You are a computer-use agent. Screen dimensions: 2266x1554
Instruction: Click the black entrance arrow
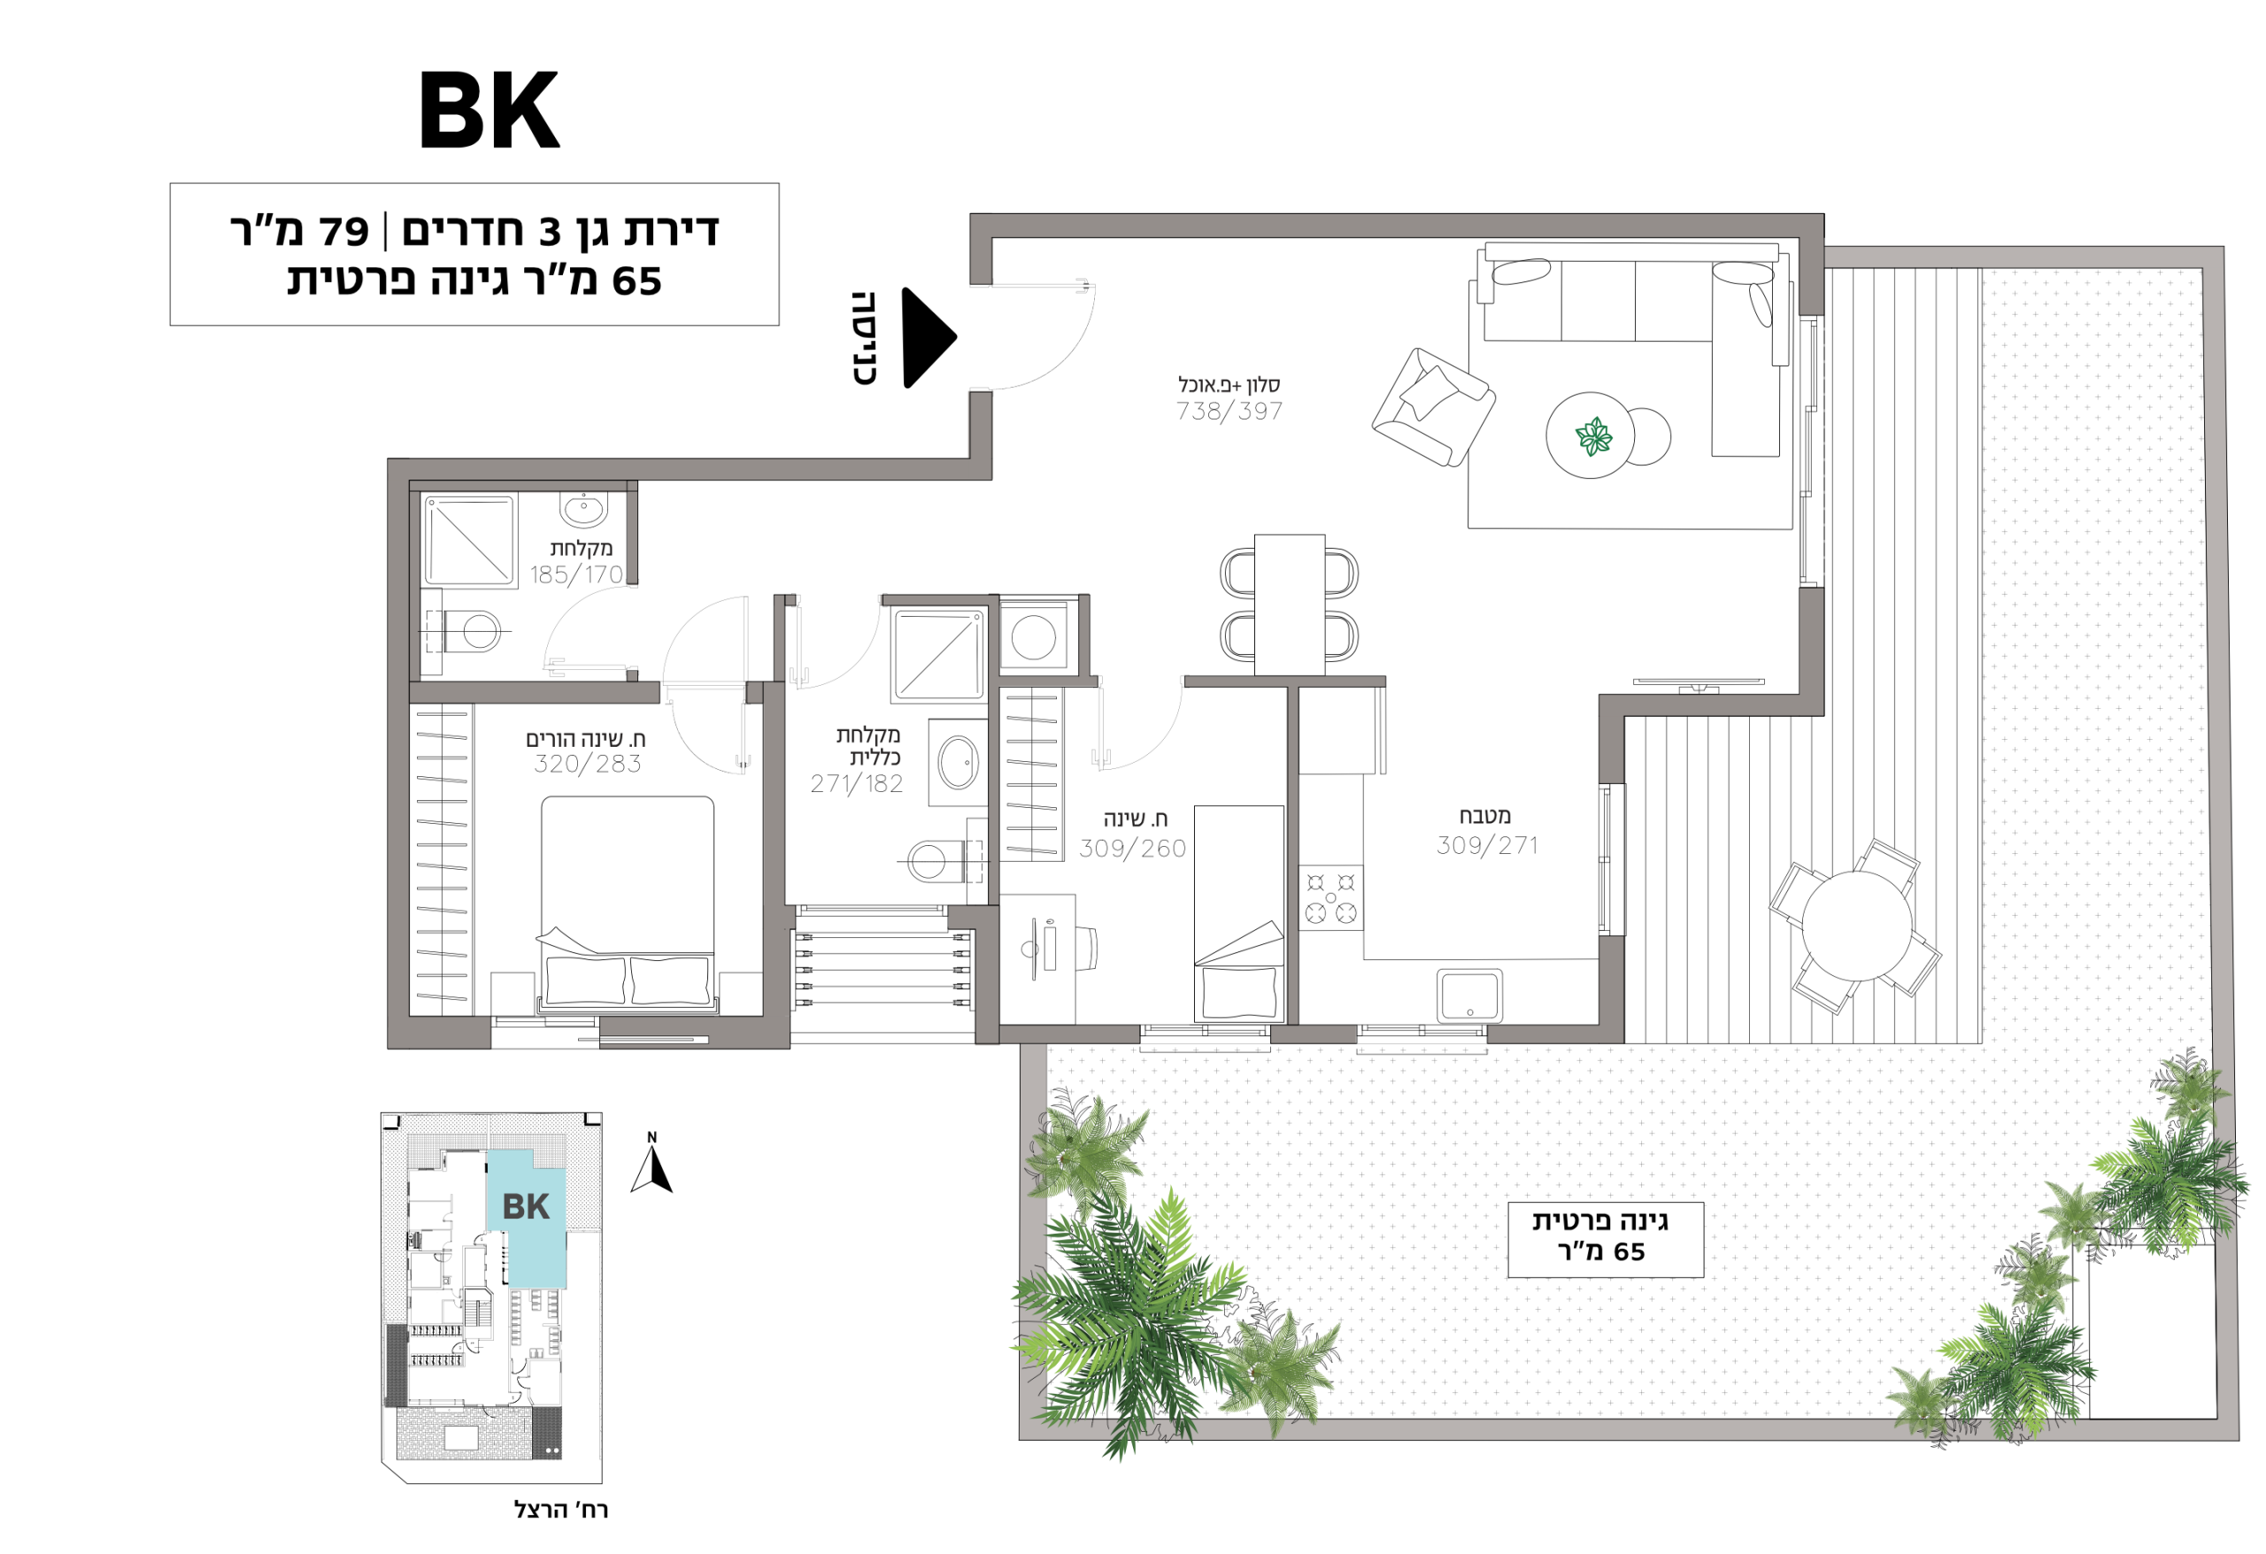[x=929, y=337]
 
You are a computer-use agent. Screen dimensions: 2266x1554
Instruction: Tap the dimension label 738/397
[x=1229, y=412]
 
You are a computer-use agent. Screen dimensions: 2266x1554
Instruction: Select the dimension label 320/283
[x=587, y=765]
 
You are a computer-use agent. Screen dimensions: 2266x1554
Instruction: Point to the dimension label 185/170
[x=576, y=575]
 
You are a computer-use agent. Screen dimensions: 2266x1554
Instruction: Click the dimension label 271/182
[x=856, y=784]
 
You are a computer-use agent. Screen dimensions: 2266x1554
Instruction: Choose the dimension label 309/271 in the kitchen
[x=1487, y=845]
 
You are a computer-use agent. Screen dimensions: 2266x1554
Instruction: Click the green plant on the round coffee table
[x=1594, y=435]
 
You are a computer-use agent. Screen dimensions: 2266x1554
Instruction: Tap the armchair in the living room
[x=1433, y=407]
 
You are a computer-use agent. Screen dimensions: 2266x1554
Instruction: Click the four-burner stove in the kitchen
[x=1331, y=898]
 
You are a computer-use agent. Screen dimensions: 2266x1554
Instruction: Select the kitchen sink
[x=1468, y=995]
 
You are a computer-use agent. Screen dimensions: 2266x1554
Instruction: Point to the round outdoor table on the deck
[x=1856, y=927]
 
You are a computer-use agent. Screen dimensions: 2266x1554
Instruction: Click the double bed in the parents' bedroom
[x=627, y=904]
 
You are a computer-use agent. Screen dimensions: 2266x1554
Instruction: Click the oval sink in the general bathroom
[x=958, y=762]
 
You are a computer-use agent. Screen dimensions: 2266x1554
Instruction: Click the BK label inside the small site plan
[x=526, y=1207]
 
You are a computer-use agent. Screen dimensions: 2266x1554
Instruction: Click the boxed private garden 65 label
[x=1605, y=1239]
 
